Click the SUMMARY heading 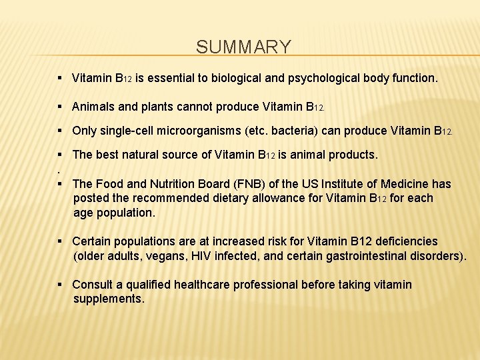click(x=244, y=47)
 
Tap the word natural click(x=146, y=155)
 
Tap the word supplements click(x=109, y=299)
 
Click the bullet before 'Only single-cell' click(x=61, y=131)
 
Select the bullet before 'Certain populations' click(x=61, y=241)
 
